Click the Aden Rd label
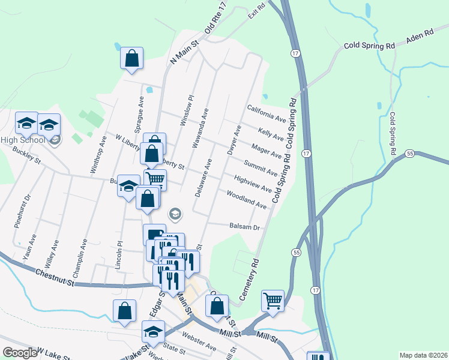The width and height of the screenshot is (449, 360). click(x=420, y=38)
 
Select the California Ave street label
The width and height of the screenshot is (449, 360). click(x=267, y=113)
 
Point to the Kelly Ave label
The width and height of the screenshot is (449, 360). click(x=271, y=134)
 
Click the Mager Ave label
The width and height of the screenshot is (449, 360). click(x=267, y=151)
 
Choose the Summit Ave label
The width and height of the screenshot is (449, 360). click(x=261, y=168)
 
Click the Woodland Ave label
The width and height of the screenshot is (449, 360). click(x=246, y=200)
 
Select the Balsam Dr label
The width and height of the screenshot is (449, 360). click(x=244, y=227)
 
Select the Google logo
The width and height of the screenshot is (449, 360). click(x=19, y=353)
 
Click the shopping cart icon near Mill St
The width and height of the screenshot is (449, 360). click(x=273, y=300)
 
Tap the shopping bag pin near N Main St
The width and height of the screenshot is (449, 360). click(x=131, y=59)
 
